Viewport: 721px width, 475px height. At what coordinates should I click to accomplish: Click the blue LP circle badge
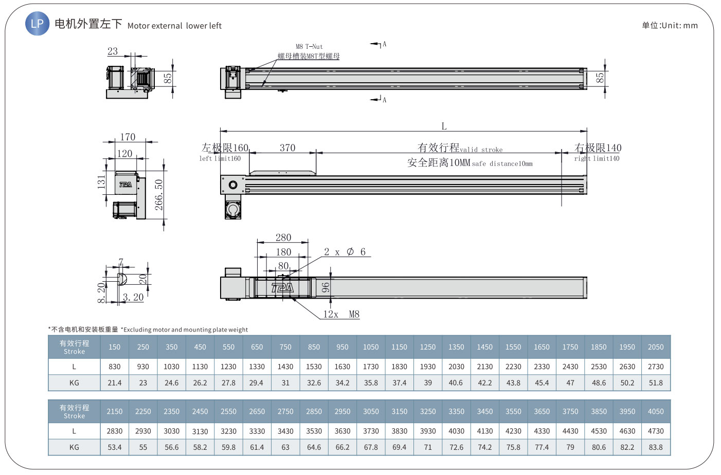point(38,24)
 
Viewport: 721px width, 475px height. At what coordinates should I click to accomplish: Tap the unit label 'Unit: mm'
point(679,25)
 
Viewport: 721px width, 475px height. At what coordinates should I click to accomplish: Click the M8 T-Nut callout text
point(309,47)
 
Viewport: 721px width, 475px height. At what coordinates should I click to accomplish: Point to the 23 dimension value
point(113,51)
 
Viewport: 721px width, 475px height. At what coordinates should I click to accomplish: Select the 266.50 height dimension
point(159,195)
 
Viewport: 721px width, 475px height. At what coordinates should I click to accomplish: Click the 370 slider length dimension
point(287,148)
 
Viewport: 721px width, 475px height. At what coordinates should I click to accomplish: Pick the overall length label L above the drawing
point(444,126)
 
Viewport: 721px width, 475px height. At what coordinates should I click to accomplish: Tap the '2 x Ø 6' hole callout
point(345,252)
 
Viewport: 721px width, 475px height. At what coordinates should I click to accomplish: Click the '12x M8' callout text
point(341,314)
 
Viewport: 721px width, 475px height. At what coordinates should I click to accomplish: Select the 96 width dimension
point(326,287)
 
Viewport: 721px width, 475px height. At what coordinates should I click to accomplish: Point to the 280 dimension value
point(283,238)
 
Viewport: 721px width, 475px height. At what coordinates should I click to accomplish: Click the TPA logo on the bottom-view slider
point(282,288)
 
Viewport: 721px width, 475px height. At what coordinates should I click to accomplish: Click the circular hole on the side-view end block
point(233,185)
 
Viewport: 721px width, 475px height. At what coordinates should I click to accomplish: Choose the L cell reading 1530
point(314,367)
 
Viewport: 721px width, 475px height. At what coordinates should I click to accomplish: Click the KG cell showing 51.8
point(656,382)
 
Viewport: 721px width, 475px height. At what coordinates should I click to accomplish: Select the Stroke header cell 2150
point(115,411)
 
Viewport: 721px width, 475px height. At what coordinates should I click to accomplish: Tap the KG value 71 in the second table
point(428,447)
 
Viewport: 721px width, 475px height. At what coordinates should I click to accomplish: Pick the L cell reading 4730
point(656,431)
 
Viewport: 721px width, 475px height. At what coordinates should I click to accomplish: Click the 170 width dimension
point(128,137)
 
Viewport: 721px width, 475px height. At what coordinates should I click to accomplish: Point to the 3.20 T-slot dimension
point(133,297)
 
